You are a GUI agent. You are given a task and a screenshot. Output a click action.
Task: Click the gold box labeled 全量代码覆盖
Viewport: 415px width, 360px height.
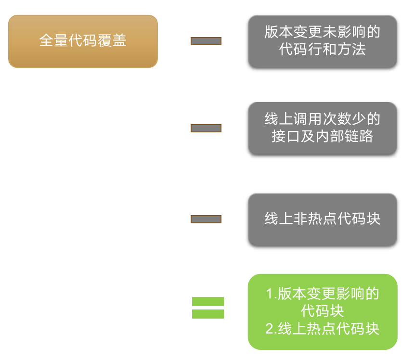point(83,41)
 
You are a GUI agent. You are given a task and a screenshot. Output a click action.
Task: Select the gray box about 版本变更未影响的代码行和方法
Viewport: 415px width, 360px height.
point(322,41)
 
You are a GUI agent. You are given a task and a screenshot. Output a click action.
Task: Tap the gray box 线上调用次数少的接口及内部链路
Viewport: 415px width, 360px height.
point(322,128)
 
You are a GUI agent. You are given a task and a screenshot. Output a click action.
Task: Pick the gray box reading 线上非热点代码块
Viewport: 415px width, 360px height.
point(322,219)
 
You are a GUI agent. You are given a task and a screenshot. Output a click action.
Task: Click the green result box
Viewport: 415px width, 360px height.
point(322,311)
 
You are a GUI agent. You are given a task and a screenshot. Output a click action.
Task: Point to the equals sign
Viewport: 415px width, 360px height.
point(207,308)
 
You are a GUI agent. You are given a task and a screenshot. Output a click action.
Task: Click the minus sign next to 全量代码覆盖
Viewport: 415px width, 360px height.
point(206,41)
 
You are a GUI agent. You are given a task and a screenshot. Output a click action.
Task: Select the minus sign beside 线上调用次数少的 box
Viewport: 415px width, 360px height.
point(206,128)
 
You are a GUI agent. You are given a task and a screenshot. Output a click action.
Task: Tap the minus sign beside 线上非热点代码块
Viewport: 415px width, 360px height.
point(206,219)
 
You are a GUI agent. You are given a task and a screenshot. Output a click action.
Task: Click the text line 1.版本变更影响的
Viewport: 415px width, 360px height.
point(322,294)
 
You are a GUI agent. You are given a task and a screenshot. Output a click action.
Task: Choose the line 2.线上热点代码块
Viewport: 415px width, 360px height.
point(322,329)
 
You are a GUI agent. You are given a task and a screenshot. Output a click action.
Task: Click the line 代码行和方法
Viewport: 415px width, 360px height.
point(322,50)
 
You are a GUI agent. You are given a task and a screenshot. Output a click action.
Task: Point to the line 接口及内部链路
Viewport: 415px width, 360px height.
point(322,137)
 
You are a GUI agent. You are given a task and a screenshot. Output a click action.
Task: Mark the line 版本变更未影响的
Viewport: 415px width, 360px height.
point(322,33)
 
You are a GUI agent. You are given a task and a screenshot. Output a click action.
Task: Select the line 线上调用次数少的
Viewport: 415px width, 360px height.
point(322,119)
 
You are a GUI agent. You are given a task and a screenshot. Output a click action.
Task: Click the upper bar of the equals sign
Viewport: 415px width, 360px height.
point(207,302)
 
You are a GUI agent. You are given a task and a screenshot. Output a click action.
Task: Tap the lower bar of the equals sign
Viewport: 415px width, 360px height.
point(207,314)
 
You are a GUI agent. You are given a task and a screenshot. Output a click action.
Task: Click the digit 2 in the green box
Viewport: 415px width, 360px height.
point(269,329)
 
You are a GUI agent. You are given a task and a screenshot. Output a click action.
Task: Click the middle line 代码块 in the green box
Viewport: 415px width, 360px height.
point(322,311)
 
